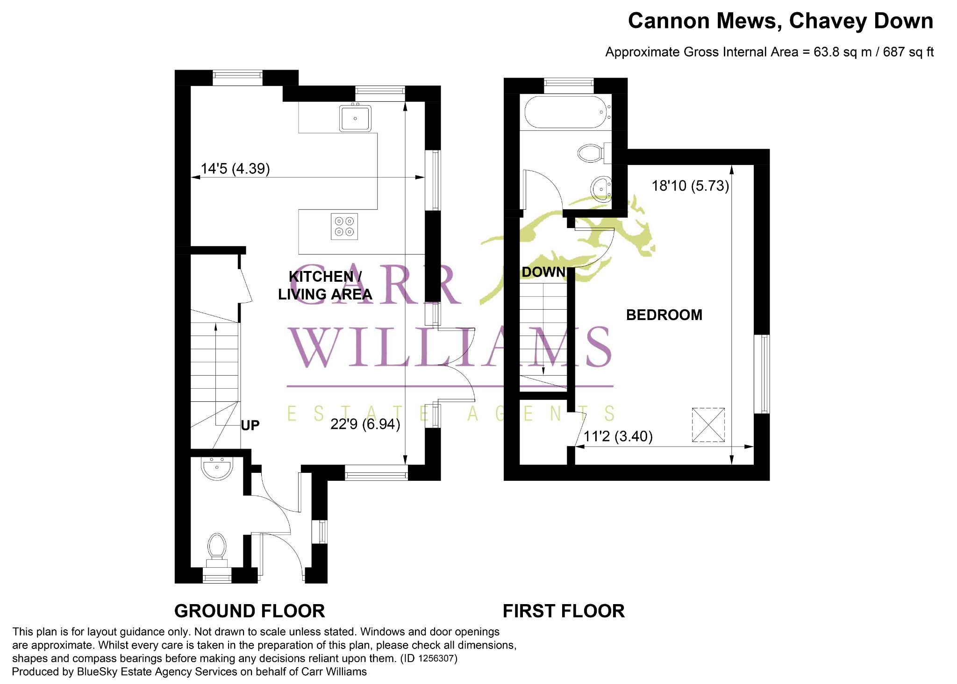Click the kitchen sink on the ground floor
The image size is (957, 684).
tap(355, 118)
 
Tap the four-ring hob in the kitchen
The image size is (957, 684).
tap(344, 227)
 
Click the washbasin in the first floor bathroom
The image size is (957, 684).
tap(601, 189)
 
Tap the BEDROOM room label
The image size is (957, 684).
tap(664, 315)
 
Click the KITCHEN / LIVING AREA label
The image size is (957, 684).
tap(325, 285)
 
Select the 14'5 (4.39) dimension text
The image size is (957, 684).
tap(235, 168)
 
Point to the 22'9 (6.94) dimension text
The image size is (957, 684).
tap(365, 424)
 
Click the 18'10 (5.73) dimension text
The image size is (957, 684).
tap(690, 186)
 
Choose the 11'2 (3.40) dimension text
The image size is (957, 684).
tap(618, 436)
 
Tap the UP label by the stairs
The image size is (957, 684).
tap(250, 425)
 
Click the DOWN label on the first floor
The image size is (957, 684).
tap(543, 272)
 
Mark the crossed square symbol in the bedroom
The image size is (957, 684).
tap(708, 425)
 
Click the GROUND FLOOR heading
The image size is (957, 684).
tap(250, 611)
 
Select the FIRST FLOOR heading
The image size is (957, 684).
tap(564, 611)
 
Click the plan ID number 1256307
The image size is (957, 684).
tap(436, 658)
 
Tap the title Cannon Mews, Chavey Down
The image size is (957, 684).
tap(780, 21)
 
